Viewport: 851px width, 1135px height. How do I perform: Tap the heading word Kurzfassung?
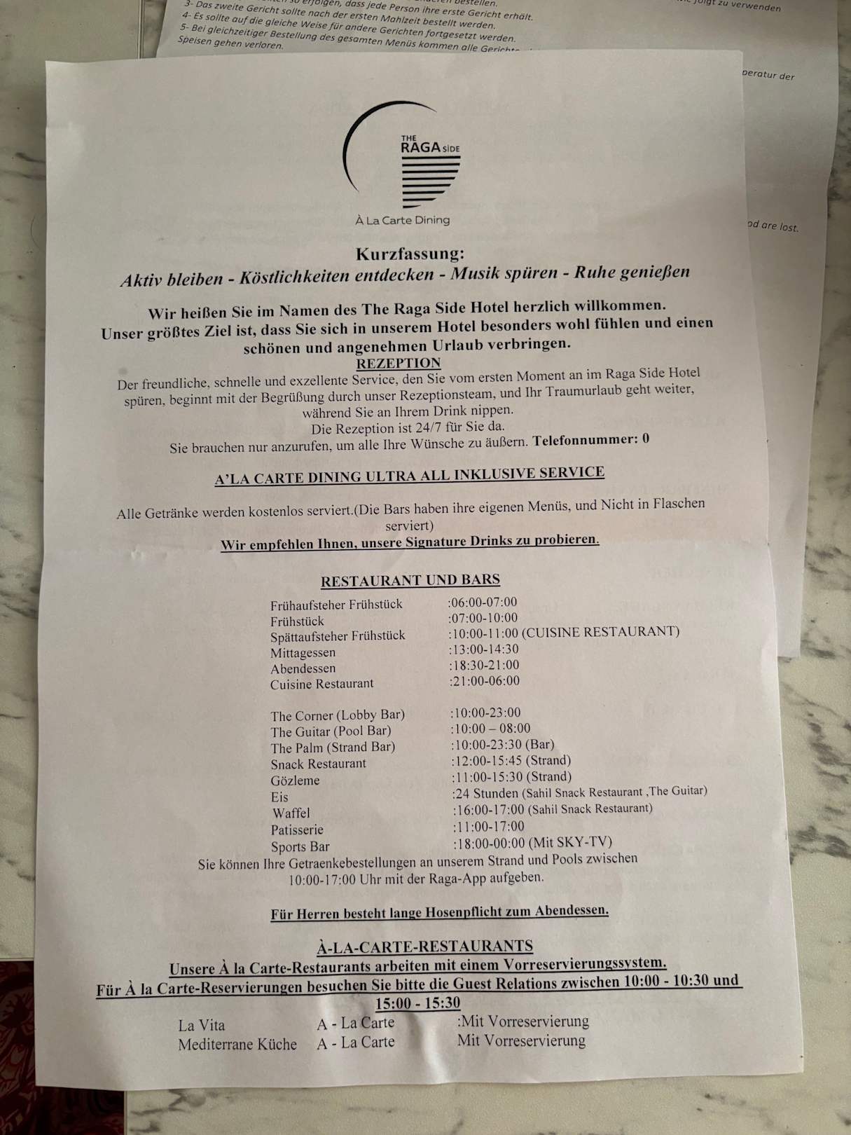(410, 254)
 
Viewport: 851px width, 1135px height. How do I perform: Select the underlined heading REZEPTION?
(399, 363)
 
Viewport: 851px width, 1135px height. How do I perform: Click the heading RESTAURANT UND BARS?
(410, 580)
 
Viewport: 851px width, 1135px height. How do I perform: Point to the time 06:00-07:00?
(483, 602)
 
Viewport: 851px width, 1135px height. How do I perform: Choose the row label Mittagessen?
(303, 652)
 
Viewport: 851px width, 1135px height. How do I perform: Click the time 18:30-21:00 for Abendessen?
(484, 665)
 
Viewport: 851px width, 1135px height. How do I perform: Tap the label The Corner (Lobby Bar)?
(338, 715)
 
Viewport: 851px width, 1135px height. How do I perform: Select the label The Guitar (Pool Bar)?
(331, 731)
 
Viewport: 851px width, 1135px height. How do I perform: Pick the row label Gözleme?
(295, 780)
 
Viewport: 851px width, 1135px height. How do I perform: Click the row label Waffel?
(291, 813)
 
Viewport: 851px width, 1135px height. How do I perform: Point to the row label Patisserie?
(297, 830)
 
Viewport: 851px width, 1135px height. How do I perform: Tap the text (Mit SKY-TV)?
(570, 842)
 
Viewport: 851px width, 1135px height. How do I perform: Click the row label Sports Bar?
(300, 846)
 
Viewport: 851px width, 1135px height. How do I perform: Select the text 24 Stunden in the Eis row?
(485, 793)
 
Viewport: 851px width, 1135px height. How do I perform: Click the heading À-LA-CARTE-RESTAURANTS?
(424, 947)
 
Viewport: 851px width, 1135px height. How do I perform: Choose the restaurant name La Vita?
(202, 1026)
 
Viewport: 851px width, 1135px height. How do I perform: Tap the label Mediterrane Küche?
(237, 1045)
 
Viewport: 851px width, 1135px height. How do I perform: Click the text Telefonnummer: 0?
(590, 440)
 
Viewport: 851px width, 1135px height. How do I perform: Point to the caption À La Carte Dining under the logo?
(402, 220)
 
